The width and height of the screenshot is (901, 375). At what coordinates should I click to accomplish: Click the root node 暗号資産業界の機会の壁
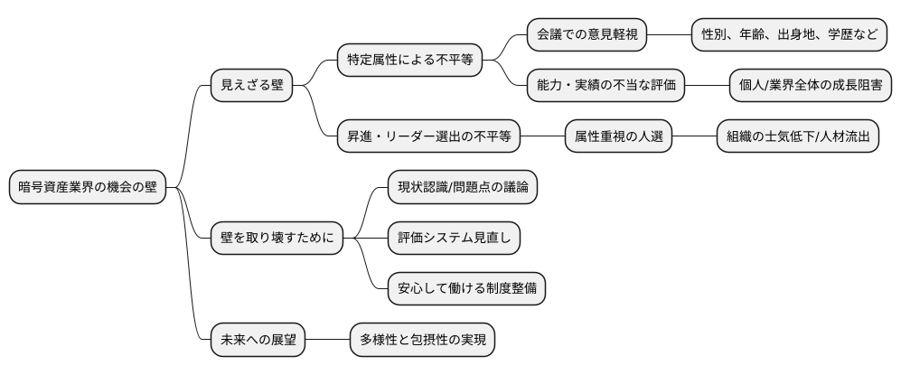pyautogui.click(x=88, y=188)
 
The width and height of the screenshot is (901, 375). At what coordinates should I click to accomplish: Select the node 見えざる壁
pyautogui.click(x=251, y=86)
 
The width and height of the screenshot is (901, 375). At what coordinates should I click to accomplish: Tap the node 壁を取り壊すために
pyautogui.click(x=277, y=239)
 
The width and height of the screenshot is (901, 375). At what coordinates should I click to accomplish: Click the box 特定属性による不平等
pyautogui.click(x=408, y=61)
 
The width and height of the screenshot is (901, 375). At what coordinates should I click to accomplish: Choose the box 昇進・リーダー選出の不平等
pyautogui.click(x=428, y=137)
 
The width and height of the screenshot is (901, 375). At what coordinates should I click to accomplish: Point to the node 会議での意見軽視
pyautogui.click(x=587, y=35)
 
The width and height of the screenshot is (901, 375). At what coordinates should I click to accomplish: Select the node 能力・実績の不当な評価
pyautogui.click(x=605, y=86)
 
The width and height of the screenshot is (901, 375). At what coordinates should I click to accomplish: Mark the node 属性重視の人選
pyautogui.click(x=619, y=137)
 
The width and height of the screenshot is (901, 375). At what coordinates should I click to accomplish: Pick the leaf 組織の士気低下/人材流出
pyautogui.click(x=797, y=137)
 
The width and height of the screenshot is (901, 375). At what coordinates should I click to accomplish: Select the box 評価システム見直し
pyautogui.click(x=454, y=239)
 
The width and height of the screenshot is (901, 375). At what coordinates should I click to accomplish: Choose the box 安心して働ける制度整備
pyautogui.click(x=465, y=289)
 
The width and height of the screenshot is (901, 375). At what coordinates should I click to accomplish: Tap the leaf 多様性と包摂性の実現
pyautogui.click(x=422, y=341)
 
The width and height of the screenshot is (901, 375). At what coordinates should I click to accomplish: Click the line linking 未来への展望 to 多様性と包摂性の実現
pyautogui.click(x=327, y=341)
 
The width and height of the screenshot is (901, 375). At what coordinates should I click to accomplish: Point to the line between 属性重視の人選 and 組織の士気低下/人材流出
pyautogui.click(x=695, y=137)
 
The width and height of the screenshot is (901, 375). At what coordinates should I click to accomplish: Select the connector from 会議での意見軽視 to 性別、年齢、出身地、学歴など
pyautogui.click(x=670, y=35)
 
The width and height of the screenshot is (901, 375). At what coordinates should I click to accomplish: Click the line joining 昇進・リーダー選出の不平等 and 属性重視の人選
pyautogui.click(x=542, y=137)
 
